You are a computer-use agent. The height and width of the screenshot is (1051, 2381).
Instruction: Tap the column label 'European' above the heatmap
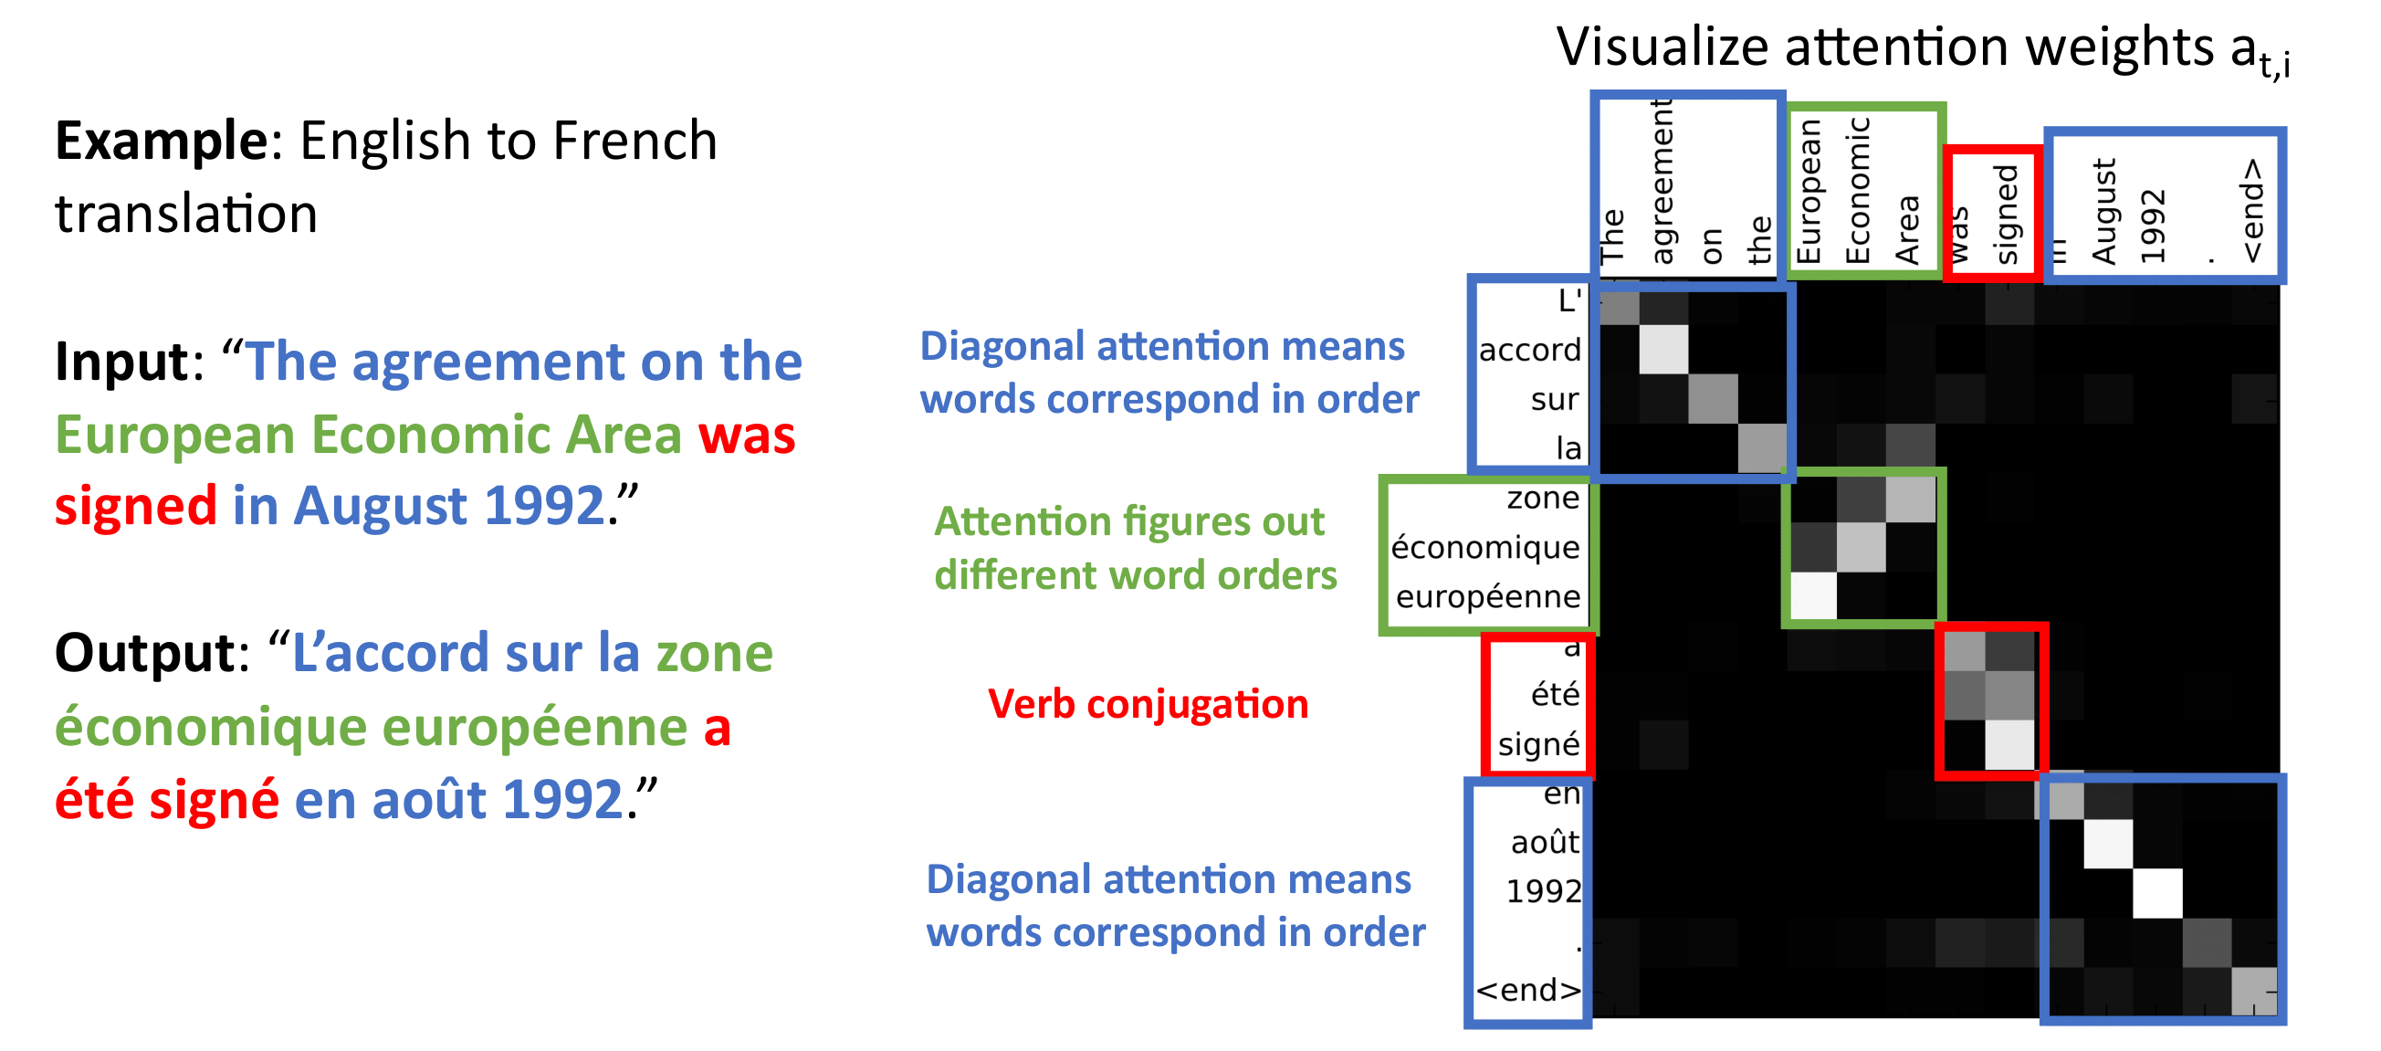pos(1808,193)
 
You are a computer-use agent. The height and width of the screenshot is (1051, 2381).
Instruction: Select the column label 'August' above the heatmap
pos(2103,212)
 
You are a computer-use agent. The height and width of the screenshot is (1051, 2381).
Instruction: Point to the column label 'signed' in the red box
pos(2006,215)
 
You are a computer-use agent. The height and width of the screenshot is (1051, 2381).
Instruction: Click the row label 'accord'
pos(1530,351)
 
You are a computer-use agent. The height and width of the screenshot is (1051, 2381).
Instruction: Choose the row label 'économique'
pos(1485,547)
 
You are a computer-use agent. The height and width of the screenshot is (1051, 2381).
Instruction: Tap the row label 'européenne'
pos(1488,597)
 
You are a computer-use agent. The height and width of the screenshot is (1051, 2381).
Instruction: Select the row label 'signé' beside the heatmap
pos(1539,744)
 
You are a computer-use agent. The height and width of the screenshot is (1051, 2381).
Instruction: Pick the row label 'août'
pos(1546,842)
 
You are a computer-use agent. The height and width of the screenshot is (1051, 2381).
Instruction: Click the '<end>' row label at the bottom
pos(1529,990)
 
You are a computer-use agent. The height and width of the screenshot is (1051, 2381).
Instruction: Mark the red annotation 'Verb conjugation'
pos(1148,704)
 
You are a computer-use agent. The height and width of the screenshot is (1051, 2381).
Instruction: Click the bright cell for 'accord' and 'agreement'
pos(1663,350)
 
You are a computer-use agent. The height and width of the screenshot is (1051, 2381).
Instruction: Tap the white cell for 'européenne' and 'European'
pos(1812,596)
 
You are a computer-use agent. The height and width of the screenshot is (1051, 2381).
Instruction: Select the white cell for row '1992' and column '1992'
pos(2157,892)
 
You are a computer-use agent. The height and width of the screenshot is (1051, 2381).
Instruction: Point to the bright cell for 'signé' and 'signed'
pos(2009,744)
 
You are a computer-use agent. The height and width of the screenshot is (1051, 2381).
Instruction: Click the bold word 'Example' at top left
pos(161,141)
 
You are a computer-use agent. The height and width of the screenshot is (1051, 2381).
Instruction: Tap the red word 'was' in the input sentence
pos(747,435)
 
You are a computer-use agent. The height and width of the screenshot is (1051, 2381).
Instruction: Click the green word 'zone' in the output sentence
pos(715,654)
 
